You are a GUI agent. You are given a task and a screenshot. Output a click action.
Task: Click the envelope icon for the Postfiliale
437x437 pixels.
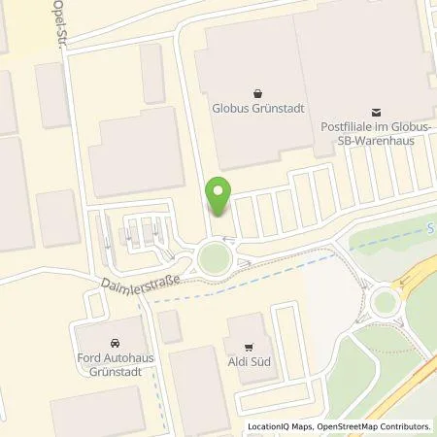377,113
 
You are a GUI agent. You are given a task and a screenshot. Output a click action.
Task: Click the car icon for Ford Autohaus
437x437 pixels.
116,344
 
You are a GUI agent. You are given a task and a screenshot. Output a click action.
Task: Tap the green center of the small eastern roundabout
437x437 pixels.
385,303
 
